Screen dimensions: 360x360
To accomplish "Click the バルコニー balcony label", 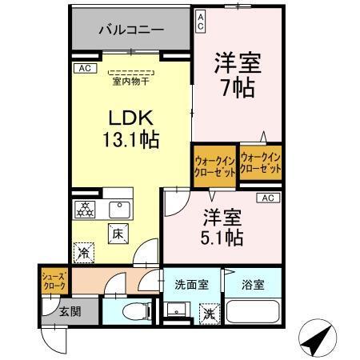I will (x=130, y=30).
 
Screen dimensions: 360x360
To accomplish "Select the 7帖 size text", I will (x=238, y=86).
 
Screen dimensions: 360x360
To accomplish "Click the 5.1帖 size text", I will (x=222, y=237).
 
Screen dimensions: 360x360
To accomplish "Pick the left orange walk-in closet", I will (x=214, y=165).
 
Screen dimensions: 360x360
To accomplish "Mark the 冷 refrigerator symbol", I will (x=84, y=253).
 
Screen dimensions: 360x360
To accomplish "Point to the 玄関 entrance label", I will (x=69, y=311).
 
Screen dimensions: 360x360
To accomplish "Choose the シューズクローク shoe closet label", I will (x=54, y=281).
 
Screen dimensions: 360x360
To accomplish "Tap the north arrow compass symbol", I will (x=316, y=340).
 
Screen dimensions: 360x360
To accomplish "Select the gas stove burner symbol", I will (x=85, y=210).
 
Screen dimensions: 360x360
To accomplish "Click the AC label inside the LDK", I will (x=84, y=68).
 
